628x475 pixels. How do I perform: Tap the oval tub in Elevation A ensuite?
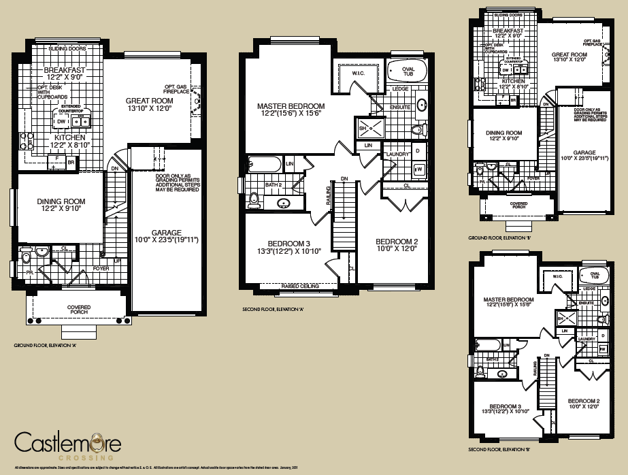tap(406, 71)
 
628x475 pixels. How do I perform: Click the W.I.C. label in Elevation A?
tap(360, 73)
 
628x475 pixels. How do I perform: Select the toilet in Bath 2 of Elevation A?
tap(254, 199)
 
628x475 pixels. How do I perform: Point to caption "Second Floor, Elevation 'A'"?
tap(272, 309)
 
